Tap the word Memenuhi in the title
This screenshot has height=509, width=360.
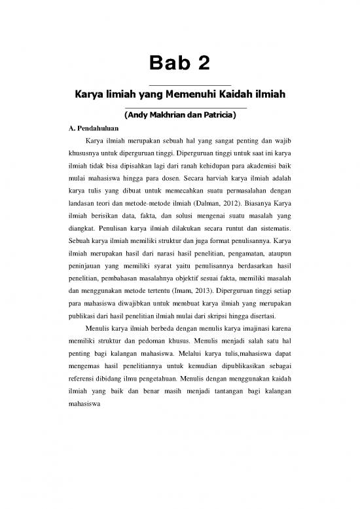click(184, 96)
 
